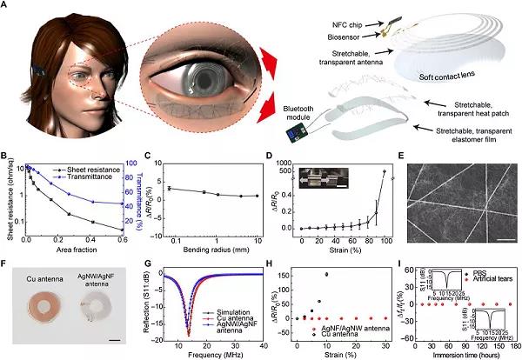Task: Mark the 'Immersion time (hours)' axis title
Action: coord(462,350)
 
